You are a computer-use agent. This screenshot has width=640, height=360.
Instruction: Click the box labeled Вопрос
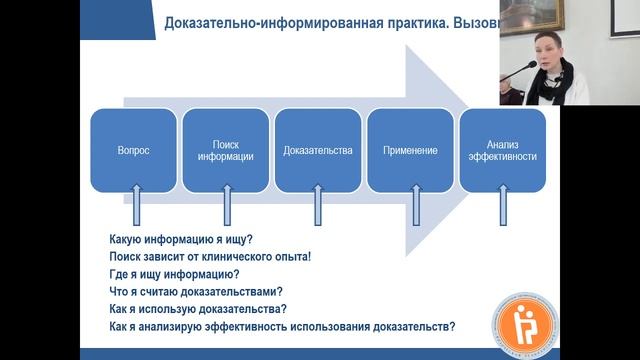(133, 150)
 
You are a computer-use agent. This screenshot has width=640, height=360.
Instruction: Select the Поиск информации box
(226, 150)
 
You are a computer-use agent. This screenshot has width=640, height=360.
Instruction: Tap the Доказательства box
(318, 150)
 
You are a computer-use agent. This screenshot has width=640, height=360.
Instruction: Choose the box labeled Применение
(410, 150)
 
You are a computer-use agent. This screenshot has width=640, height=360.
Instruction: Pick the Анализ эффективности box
(501, 150)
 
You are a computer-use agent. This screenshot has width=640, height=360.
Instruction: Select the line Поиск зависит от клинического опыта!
(210, 256)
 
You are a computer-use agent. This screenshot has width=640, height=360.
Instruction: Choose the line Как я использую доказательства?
(197, 309)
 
